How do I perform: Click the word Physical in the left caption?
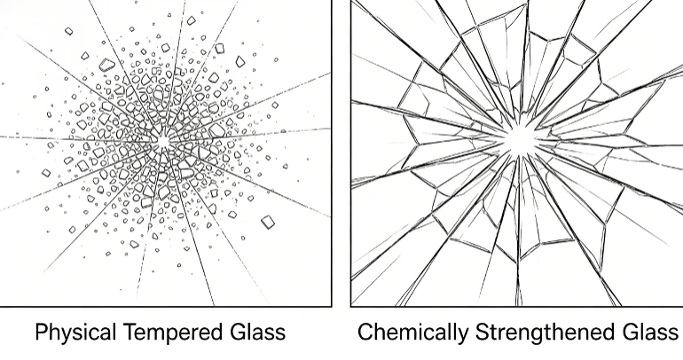(x=75, y=333)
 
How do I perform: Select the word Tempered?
(x=173, y=333)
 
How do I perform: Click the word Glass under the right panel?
(x=650, y=332)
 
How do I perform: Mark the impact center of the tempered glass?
(x=163, y=142)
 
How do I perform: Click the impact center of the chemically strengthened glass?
(x=519, y=139)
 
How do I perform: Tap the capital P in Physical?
(x=42, y=332)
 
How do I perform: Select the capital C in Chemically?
(x=366, y=332)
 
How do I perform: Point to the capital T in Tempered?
(x=130, y=332)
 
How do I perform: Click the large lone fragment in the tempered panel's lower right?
(x=268, y=222)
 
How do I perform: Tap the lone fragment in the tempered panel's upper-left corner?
(x=69, y=31)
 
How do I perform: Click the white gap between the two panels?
(x=341, y=153)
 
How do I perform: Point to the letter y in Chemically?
(x=463, y=335)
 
